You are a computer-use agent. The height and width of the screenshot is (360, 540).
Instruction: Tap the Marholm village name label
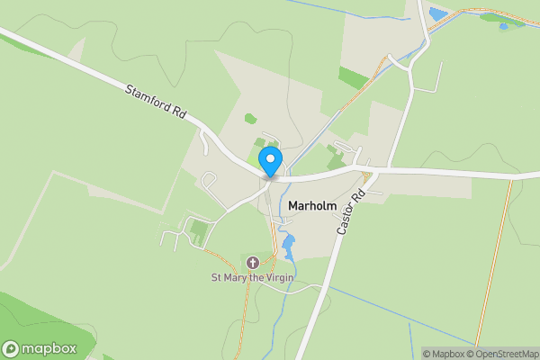tap(312, 206)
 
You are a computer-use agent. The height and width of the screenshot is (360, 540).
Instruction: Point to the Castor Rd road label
tap(353, 213)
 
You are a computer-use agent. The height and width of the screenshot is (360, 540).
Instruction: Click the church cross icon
tap(253, 263)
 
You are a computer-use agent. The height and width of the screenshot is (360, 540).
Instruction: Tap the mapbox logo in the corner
tap(40, 348)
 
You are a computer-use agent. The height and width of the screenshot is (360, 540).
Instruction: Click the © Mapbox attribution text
tap(444, 354)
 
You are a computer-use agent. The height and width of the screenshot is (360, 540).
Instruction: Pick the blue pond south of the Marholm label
tap(288, 244)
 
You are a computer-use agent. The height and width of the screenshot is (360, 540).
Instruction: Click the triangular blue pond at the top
tap(437, 13)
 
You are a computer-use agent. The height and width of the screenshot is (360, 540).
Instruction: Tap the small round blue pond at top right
tap(502, 26)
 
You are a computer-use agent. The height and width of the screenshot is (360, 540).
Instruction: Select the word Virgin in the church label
tap(278, 277)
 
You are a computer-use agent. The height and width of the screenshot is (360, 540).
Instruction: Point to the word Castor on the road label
tap(347, 221)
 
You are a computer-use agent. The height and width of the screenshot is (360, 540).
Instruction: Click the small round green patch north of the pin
tap(250, 118)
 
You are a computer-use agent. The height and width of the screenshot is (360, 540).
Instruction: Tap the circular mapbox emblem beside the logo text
tap(12, 349)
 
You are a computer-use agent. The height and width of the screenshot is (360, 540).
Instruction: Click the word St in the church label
tap(216, 277)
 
